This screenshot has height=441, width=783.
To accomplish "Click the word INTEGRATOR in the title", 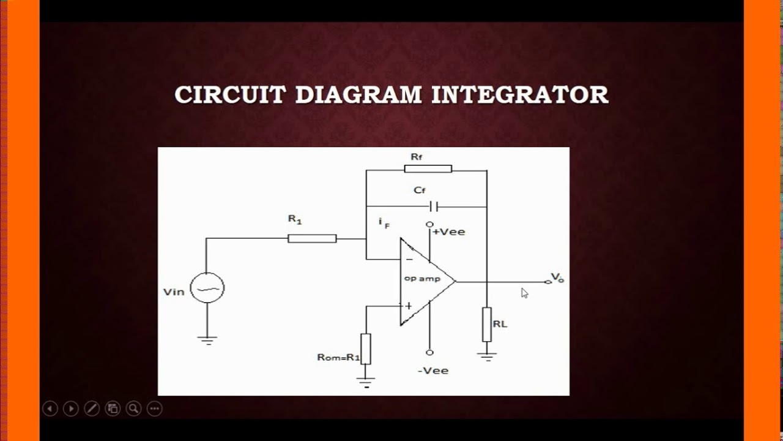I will click(520, 95).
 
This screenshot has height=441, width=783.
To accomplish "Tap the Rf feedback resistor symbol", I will click(428, 169).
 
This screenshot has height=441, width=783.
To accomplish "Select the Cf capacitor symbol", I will click(434, 206).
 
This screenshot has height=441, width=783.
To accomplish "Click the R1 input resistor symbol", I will click(312, 238).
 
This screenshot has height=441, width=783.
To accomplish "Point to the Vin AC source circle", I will click(207, 288).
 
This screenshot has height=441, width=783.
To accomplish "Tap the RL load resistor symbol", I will click(487, 324).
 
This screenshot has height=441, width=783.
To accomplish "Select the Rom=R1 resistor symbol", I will click(366, 349).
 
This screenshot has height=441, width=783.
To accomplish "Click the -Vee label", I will click(433, 371).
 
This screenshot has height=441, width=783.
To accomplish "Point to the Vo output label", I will click(557, 277).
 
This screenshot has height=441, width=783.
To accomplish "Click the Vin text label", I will click(174, 292).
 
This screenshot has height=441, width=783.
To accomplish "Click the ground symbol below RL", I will click(487, 356).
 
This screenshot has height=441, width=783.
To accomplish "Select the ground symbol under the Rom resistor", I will click(366, 383).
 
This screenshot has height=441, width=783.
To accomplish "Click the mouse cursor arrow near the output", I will click(524, 293).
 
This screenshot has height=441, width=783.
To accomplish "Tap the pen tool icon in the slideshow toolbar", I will click(92, 409).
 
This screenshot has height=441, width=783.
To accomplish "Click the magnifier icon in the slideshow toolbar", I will click(133, 409).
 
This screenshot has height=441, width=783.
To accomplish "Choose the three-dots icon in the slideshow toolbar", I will click(154, 409).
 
